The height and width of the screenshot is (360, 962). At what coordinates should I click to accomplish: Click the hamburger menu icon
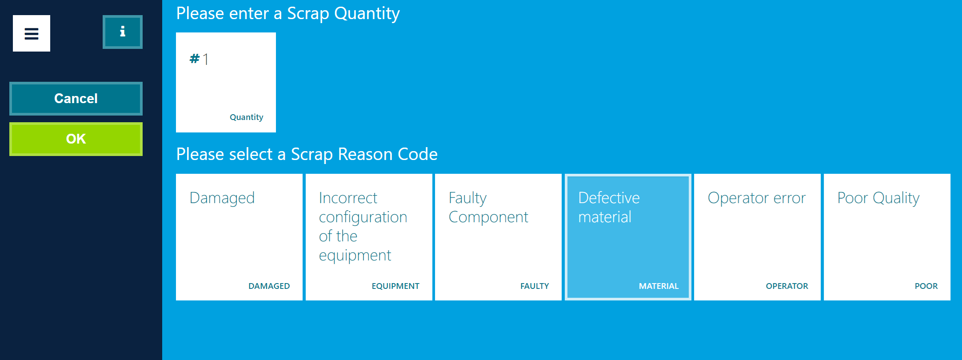point(32,33)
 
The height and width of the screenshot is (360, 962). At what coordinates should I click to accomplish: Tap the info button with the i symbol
point(123,32)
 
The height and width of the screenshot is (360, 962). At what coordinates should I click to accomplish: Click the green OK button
point(76,139)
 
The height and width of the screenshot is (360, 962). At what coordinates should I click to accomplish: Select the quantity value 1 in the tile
point(206,59)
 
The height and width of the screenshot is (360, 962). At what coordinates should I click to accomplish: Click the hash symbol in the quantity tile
point(195,59)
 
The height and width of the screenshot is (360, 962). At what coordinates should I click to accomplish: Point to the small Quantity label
point(246,117)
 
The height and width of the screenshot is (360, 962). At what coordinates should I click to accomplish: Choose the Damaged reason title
point(222,198)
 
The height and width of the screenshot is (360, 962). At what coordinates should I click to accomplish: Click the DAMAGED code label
point(269,286)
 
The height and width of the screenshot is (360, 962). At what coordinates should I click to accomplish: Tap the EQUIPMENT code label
point(395,286)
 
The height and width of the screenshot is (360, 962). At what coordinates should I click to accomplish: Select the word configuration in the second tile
point(363,217)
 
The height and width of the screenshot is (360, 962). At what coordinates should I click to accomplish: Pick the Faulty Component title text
point(488,208)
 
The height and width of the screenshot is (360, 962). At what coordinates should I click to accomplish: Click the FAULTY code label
point(535,286)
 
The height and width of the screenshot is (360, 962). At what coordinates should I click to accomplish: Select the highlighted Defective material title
point(609,208)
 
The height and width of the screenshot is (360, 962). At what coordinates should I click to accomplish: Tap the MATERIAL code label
point(659,286)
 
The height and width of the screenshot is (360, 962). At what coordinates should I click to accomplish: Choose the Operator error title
point(756,198)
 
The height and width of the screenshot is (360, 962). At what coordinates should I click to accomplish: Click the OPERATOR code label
point(786,286)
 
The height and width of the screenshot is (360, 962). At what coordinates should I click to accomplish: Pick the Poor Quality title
point(878,198)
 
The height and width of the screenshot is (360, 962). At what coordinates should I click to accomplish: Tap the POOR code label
point(926,286)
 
